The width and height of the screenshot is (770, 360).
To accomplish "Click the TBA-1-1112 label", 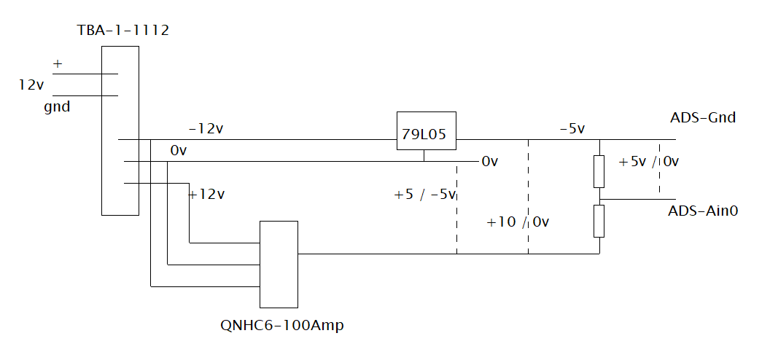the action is click(x=123, y=31).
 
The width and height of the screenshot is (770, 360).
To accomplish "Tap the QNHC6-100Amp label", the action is click(x=282, y=325).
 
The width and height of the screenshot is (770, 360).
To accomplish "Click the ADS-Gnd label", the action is click(x=703, y=118).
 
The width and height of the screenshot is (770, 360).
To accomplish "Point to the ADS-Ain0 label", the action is click(x=703, y=211).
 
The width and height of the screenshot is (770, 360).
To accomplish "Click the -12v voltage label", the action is click(x=206, y=129).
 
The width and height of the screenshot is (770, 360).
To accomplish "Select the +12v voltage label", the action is click(x=207, y=195).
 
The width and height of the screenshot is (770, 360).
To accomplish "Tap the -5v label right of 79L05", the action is click(x=572, y=129).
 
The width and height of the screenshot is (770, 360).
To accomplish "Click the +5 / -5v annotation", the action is click(x=425, y=195).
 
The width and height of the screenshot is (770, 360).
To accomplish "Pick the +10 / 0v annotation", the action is click(x=518, y=222).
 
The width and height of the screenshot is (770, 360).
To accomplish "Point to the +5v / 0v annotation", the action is click(x=648, y=161).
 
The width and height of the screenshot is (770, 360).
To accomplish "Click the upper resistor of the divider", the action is click(x=599, y=172).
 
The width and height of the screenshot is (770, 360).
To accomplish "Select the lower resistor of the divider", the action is click(x=599, y=222).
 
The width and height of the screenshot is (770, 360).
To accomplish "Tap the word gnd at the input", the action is click(x=57, y=107).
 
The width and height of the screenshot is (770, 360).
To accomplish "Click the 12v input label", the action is click(x=31, y=85).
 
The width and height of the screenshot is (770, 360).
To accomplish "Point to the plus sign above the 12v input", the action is click(x=58, y=63).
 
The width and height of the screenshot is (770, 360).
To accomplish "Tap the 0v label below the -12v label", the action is click(x=179, y=151).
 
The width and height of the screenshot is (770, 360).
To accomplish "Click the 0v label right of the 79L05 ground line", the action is click(x=489, y=161).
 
